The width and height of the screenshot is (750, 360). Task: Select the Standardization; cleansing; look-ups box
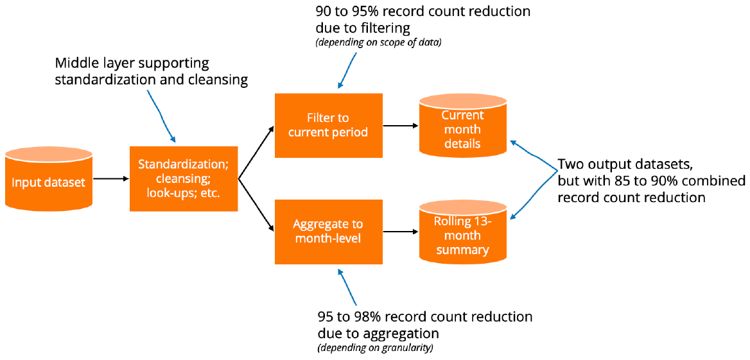184,178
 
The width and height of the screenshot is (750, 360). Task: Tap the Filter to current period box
328,125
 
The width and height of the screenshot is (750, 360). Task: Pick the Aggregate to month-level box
328,232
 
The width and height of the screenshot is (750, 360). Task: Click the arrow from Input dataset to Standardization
110,179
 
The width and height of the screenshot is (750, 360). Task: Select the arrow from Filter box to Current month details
400,126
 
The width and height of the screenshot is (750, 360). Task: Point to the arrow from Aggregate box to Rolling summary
400,232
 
